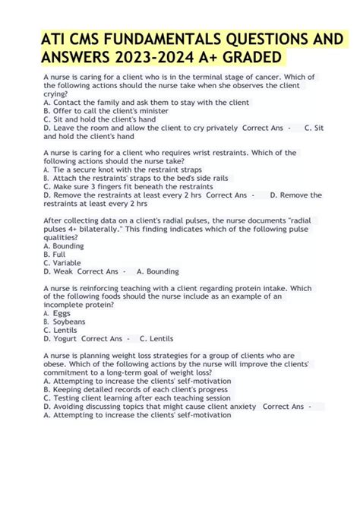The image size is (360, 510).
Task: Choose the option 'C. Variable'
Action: [64, 262]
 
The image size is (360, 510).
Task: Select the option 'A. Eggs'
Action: [57, 313]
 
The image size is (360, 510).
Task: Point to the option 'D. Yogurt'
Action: [62, 339]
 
